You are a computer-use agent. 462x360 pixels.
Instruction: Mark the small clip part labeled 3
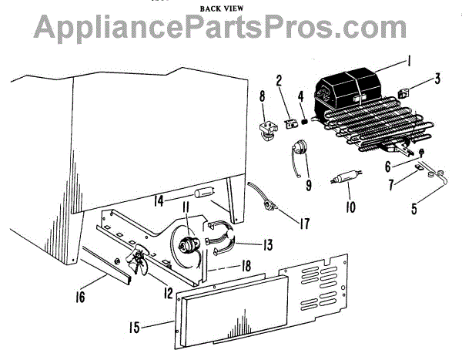[x=406, y=94]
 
